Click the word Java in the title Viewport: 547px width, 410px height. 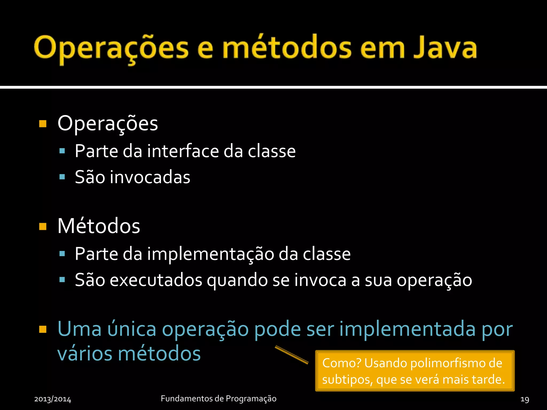[445, 48]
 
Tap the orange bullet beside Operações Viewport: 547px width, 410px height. [43, 124]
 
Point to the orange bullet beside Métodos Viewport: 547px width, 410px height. [43, 226]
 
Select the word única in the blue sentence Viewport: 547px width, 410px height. [132, 329]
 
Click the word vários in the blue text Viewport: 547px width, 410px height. [85, 354]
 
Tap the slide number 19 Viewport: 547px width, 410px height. [525, 399]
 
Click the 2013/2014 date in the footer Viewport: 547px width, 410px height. [53, 399]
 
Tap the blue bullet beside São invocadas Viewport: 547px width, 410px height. [62, 177]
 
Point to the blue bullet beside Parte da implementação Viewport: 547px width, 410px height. [62, 254]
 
